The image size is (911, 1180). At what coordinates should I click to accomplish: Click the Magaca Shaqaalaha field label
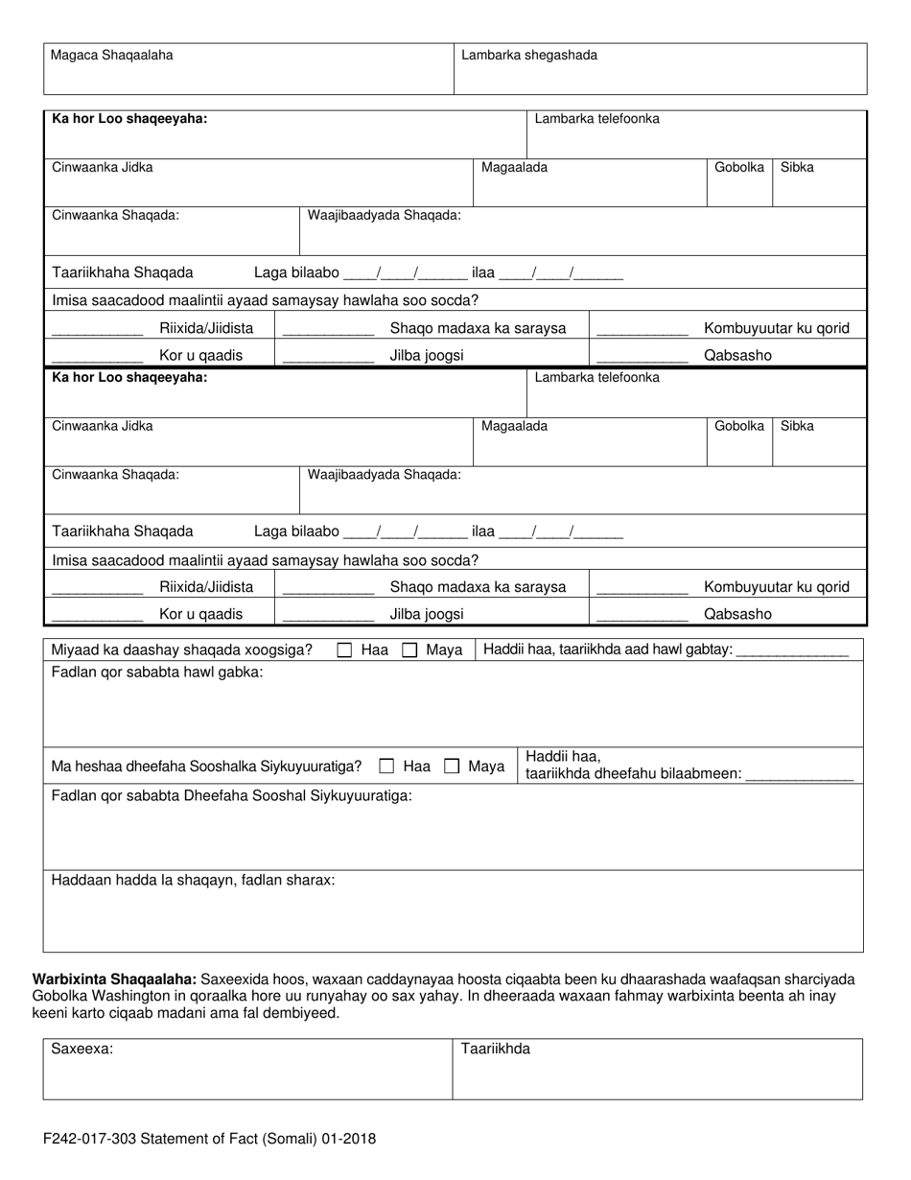click(x=112, y=56)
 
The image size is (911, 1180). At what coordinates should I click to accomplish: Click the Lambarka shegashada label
click(x=529, y=56)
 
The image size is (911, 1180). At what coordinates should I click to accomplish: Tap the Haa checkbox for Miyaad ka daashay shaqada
click(x=344, y=650)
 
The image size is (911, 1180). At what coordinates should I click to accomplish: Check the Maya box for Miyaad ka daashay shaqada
click(x=409, y=650)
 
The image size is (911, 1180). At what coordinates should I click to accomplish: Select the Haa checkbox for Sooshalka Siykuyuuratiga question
click(x=386, y=767)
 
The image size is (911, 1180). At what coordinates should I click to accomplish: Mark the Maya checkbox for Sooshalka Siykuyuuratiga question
click(x=452, y=767)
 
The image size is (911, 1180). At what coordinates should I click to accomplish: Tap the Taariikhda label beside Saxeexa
click(x=496, y=1050)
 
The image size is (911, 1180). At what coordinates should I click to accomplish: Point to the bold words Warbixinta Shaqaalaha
click(x=115, y=979)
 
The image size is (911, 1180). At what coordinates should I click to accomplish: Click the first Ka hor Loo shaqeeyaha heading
click(x=129, y=119)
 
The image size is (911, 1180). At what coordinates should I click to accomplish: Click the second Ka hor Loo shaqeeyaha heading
click(x=129, y=378)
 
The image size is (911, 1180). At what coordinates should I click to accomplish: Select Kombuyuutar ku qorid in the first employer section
click(x=777, y=328)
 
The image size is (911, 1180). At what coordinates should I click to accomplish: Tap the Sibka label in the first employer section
click(x=797, y=167)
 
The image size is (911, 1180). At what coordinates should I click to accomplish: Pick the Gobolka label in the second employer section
click(x=739, y=426)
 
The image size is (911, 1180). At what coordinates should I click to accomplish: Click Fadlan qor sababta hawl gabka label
click(x=156, y=673)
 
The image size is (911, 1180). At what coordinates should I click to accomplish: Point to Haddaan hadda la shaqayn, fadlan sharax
click(x=193, y=880)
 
